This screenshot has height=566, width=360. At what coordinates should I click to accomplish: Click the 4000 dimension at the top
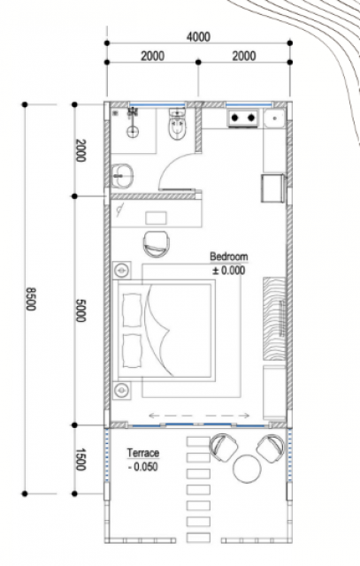(x=198, y=37)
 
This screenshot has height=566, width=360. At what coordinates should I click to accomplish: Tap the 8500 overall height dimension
(x=31, y=299)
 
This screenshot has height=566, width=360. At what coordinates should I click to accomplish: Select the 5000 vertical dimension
(x=80, y=310)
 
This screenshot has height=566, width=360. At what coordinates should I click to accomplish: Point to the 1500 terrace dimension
(x=80, y=459)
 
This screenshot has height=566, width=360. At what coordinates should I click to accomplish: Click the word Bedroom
(x=229, y=256)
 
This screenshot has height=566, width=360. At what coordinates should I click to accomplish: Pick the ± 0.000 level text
(x=228, y=270)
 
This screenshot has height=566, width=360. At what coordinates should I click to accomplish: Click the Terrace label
(x=143, y=453)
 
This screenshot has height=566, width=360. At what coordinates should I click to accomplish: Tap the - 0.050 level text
(x=143, y=466)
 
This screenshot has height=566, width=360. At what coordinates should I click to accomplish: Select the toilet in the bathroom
(x=177, y=125)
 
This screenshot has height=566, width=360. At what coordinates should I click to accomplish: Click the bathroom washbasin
(x=122, y=176)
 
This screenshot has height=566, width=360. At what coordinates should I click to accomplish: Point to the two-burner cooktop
(x=243, y=118)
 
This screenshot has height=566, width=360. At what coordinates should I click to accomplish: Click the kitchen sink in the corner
(x=274, y=119)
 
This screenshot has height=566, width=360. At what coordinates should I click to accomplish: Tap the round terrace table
(x=247, y=469)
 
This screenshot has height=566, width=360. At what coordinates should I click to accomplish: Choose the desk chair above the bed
(x=157, y=244)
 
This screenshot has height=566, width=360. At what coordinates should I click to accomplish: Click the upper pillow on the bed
(x=132, y=310)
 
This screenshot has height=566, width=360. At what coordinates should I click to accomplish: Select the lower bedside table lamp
(x=122, y=390)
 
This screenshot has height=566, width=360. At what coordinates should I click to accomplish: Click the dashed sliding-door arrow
(x=199, y=416)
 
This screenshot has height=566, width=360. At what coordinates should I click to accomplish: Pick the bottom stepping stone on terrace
(x=198, y=538)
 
